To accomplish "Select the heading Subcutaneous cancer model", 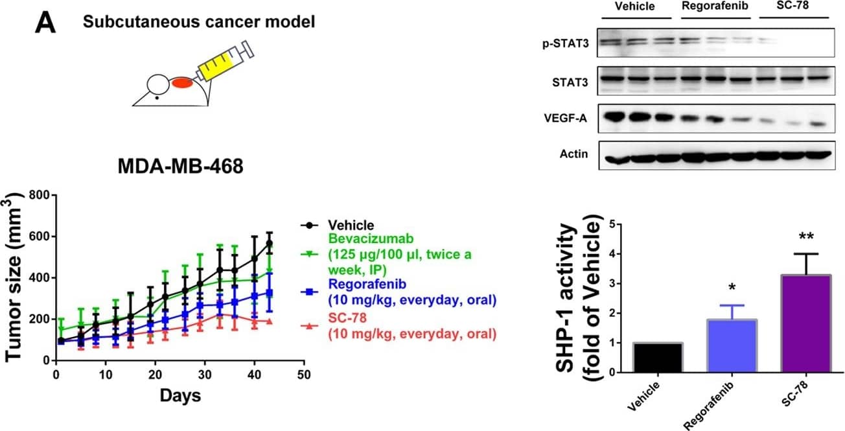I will coord(199,21).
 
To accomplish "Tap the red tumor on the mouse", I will coord(182,83).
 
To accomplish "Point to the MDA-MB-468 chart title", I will coord(180,167).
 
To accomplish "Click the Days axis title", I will coord(180,395).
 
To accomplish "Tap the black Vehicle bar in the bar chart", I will coord(657,357).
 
